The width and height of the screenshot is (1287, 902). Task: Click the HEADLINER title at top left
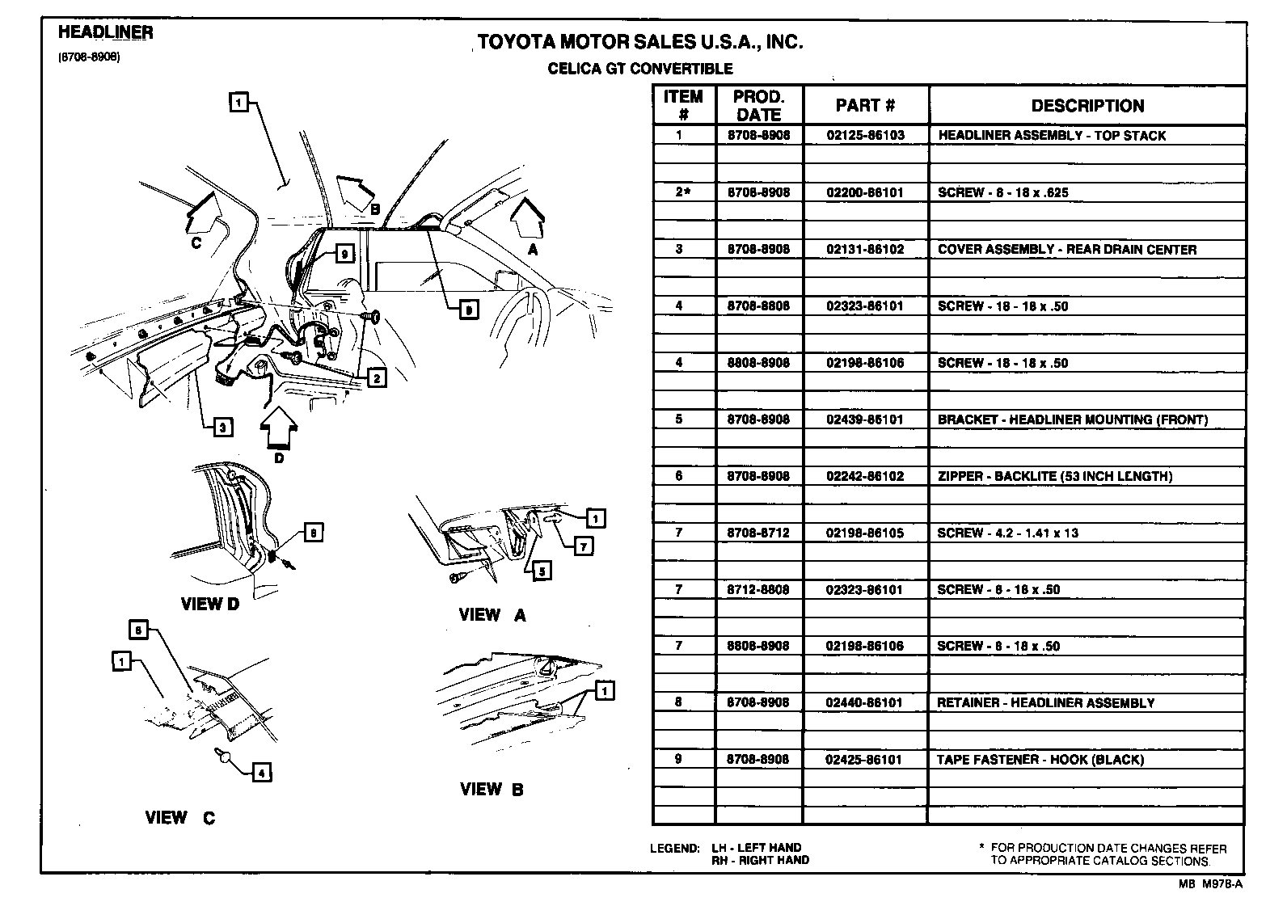tap(105, 32)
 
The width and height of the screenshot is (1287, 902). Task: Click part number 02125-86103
tap(865, 136)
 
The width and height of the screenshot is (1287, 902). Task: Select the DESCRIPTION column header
tap(1087, 106)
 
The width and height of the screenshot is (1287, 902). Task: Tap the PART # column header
tap(865, 106)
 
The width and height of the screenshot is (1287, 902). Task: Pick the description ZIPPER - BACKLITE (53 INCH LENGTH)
tap(1054, 476)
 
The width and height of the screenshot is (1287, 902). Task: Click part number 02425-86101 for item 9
tap(864, 760)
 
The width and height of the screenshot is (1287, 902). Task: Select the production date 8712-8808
tap(758, 589)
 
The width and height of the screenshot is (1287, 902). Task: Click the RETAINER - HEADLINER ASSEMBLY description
tap(1045, 703)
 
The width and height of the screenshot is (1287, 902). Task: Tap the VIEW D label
tap(209, 604)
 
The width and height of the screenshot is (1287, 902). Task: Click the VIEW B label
tap(492, 790)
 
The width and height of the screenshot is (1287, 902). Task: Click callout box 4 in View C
tap(261, 773)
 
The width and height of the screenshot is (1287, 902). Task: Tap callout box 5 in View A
tap(542, 571)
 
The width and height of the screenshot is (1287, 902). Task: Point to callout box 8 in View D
tap(314, 532)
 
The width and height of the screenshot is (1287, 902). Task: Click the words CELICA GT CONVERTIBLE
tap(640, 69)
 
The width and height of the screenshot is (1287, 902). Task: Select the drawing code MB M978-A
tap(1209, 885)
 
